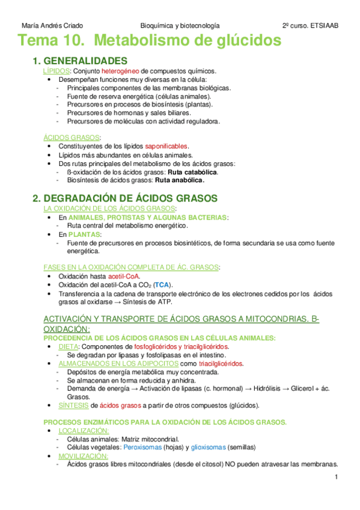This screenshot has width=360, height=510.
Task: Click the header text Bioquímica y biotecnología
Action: (x=180, y=26)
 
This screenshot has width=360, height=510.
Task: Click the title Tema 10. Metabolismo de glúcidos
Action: (x=150, y=41)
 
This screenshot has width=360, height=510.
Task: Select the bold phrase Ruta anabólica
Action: (x=179, y=180)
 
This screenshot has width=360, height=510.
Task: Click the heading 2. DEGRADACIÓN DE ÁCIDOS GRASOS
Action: (x=124, y=198)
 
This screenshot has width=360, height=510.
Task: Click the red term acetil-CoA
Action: (x=124, y=276)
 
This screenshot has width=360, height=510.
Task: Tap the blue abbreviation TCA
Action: (x=162, y=284)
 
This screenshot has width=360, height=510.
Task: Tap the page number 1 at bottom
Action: (x=337, y=478)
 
